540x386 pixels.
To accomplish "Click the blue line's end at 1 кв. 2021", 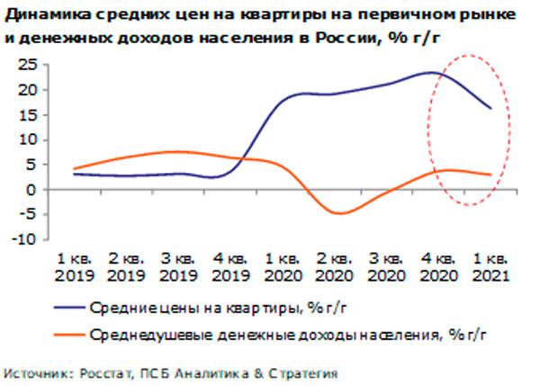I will click(491, 109).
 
